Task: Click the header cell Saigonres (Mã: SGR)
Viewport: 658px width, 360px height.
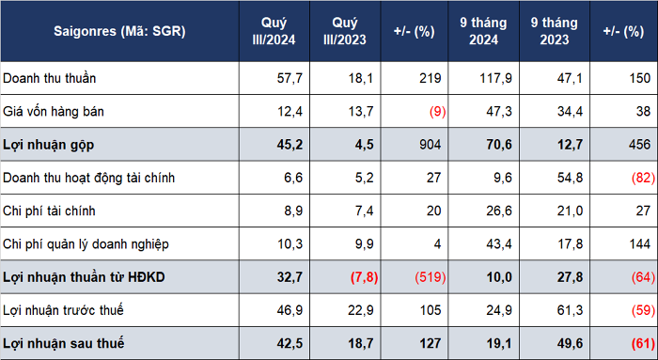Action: tap(119, 31)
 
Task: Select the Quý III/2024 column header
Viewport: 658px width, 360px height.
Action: tap(274, 31)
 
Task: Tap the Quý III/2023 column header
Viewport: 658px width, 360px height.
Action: tap(345, 31)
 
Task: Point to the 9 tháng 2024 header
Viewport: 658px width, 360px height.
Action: tap(483, 31)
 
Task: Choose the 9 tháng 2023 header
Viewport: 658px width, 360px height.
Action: tap(555, 31)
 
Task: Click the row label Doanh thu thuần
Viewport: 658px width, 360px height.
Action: tap(50, 78)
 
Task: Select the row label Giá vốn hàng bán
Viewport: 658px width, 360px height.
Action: tap(54, 111)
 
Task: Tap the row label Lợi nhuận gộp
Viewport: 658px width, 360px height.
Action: tap(48, 145)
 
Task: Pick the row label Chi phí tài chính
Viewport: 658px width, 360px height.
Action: tap(49, 211)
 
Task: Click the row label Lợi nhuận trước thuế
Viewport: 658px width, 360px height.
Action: tap(63, 310)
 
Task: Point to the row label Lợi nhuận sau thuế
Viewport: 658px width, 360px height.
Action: tap(64, 343)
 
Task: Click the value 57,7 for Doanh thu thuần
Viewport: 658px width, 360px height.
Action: tap(290, 78)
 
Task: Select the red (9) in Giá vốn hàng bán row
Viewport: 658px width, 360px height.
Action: tap(437, 112)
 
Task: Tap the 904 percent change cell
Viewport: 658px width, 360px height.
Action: tap(431, 145)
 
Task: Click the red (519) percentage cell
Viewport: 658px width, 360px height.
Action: tap(431, 277)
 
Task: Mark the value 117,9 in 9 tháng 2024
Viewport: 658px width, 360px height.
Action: tap(495, 78)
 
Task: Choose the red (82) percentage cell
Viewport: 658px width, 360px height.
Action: tap(643, 178)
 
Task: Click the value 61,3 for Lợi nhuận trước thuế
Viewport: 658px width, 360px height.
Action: tap(570, 310)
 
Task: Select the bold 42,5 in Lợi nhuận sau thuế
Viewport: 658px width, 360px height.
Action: tap(290, 343)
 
